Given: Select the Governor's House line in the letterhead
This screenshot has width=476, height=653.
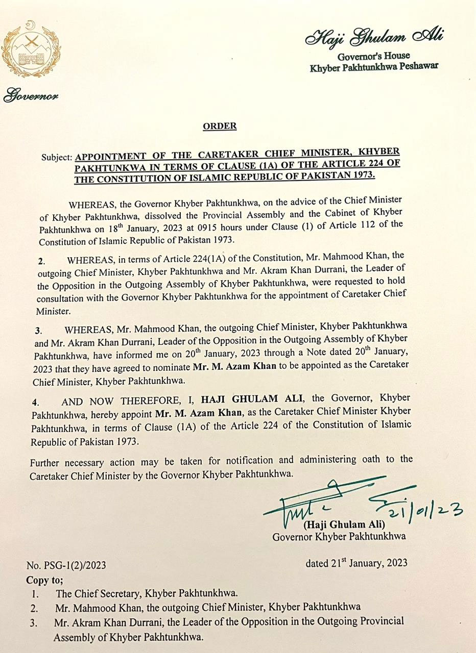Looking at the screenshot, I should click(x=374, y=56).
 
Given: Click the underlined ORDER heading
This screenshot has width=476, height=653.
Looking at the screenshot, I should click(x=220, y=126).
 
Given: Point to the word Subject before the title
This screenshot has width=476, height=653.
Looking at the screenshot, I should click(x=57, y=158).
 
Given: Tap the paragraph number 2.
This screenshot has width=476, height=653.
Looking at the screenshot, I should click(x=40, y=261).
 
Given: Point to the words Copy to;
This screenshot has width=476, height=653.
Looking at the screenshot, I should click(x=45, y=581).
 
